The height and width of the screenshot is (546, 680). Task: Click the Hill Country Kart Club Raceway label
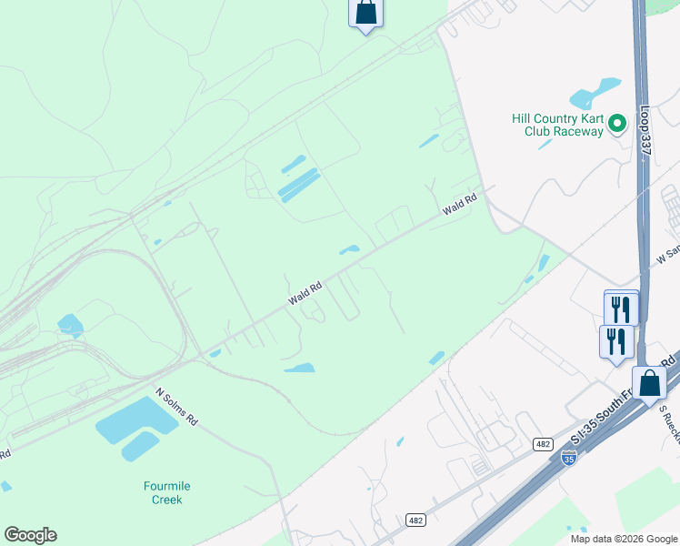[x=557, y=125]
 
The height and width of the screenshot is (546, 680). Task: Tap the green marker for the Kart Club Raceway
[x=616, y=123]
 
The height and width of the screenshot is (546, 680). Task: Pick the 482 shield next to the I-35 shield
[x=542, y=443]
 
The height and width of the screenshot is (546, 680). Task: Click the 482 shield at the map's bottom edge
[x=416, y=520]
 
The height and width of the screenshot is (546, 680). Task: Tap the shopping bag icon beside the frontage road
[x=650, y=384]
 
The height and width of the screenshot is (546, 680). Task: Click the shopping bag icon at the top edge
[x=365, y=13]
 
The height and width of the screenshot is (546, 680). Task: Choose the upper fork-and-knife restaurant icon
[x=622, y=307]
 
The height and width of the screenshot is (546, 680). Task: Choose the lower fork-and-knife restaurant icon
[x=616, y=341]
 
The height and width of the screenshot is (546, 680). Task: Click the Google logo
[x=30, y=535]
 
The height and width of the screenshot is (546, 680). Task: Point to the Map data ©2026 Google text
[x=624, y=539]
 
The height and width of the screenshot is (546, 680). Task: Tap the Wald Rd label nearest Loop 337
[x=460, y=205]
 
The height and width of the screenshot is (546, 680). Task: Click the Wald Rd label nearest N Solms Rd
[x=305, y=292]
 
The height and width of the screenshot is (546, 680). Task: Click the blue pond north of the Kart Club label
[x=594, y=93]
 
